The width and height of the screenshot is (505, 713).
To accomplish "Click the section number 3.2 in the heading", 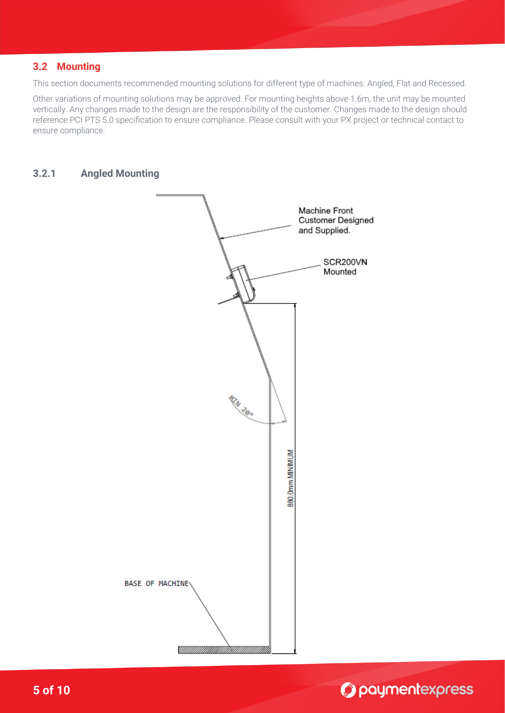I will pyautogui.click(x=40, y=67).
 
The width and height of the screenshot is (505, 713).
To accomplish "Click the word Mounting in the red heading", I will pyautogui.click(x=79, y=67).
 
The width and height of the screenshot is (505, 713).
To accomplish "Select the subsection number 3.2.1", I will pyautogui.click(x=44, y=174).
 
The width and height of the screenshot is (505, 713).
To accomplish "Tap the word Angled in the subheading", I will pyautogui.click(x=97, y=174).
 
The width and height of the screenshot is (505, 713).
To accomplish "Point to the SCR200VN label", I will pyautogui.click(x=345, y=262).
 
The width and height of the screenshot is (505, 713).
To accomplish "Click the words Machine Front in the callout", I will pyautogui.click(x=326, y=211).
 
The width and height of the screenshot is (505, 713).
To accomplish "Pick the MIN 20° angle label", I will pyautogui.click(x=241, y=406).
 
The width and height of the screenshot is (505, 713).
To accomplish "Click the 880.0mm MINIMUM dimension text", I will pyautogui.click(x=291, y=478).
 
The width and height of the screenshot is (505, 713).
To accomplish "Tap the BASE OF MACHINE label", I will pyautogui.click(x=157, y=584).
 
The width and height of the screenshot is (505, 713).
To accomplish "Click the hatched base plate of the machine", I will pyautogui.click(x=224, y=650).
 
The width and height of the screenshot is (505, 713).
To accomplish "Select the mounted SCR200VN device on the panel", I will pyautogui.click(x=244, y=283).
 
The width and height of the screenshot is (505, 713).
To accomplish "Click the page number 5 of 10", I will pyautogui.click(x=51, y=690).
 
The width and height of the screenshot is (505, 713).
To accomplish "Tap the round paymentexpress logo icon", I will pyautogui.click(x=348, y=690).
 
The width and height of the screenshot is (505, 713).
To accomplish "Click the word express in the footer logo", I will pyautogui.click(x=446, y=689).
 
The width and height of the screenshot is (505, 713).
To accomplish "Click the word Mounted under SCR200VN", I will pyautogui.click(x=340, y=272).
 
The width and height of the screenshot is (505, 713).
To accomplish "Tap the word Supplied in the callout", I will pyautogui.click(x=332, y=230).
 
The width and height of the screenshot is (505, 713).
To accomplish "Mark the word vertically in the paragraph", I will pyautogui.click(x=49, y=109).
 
